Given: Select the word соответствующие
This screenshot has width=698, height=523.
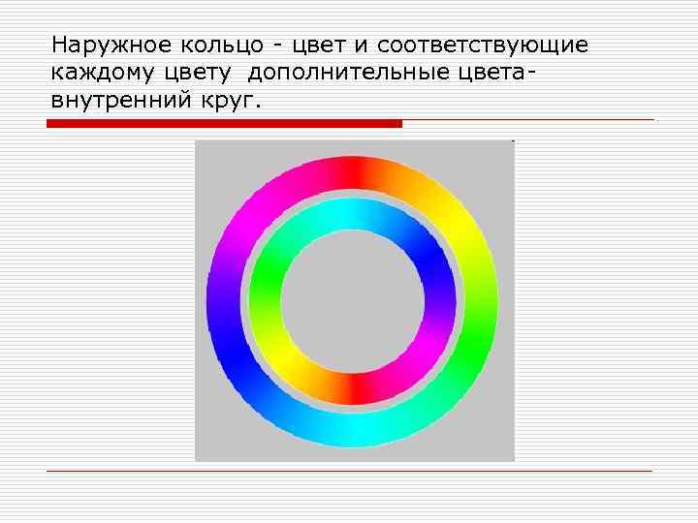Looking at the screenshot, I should [483, 46].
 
